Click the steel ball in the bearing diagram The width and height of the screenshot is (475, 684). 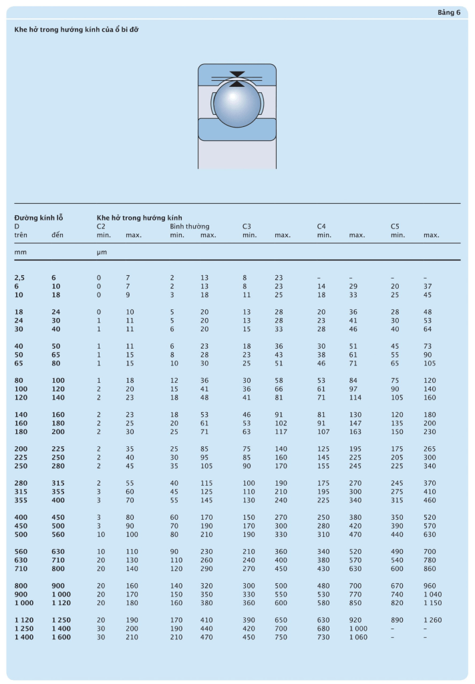pyautogui.click(x=236, y=102)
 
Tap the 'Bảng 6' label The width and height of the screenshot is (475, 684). pyautogui.click(x=449, y=12)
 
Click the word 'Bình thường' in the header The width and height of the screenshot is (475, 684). pyautogui.click(x=189, y=226)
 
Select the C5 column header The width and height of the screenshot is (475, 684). pyautogui.click(x=395, y=226)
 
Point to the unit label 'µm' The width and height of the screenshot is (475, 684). pyautogui.click(x=102, y=252)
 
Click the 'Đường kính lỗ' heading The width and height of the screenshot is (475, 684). pyautogui.click(x=39, y=218)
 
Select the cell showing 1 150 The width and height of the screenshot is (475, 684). pyautogui.click(x=433, y=603)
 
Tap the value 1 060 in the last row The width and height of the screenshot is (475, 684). pyautogui.click(x=358, y=637)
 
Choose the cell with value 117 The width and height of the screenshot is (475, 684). pyautogui.click(x=281, y=432)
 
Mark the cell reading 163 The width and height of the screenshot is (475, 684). pyautogui.click(x=356, y=432)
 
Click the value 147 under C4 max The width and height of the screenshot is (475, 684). pyautogui.click(x=356, y=423)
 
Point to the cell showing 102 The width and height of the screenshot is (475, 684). pyautogui.click(x=281, y=423)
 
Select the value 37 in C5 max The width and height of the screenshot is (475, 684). pyautogui.click(x=428, y=286)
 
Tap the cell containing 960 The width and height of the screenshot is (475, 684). pyautogui.click(x=430, y=586)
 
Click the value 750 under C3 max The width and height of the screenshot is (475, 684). pyautogui.click(x=281, y=637)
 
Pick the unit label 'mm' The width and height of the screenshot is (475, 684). pyautogui.click(x=19, y=252)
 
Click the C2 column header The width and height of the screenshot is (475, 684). pyautogui.click(x=101, y=226)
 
